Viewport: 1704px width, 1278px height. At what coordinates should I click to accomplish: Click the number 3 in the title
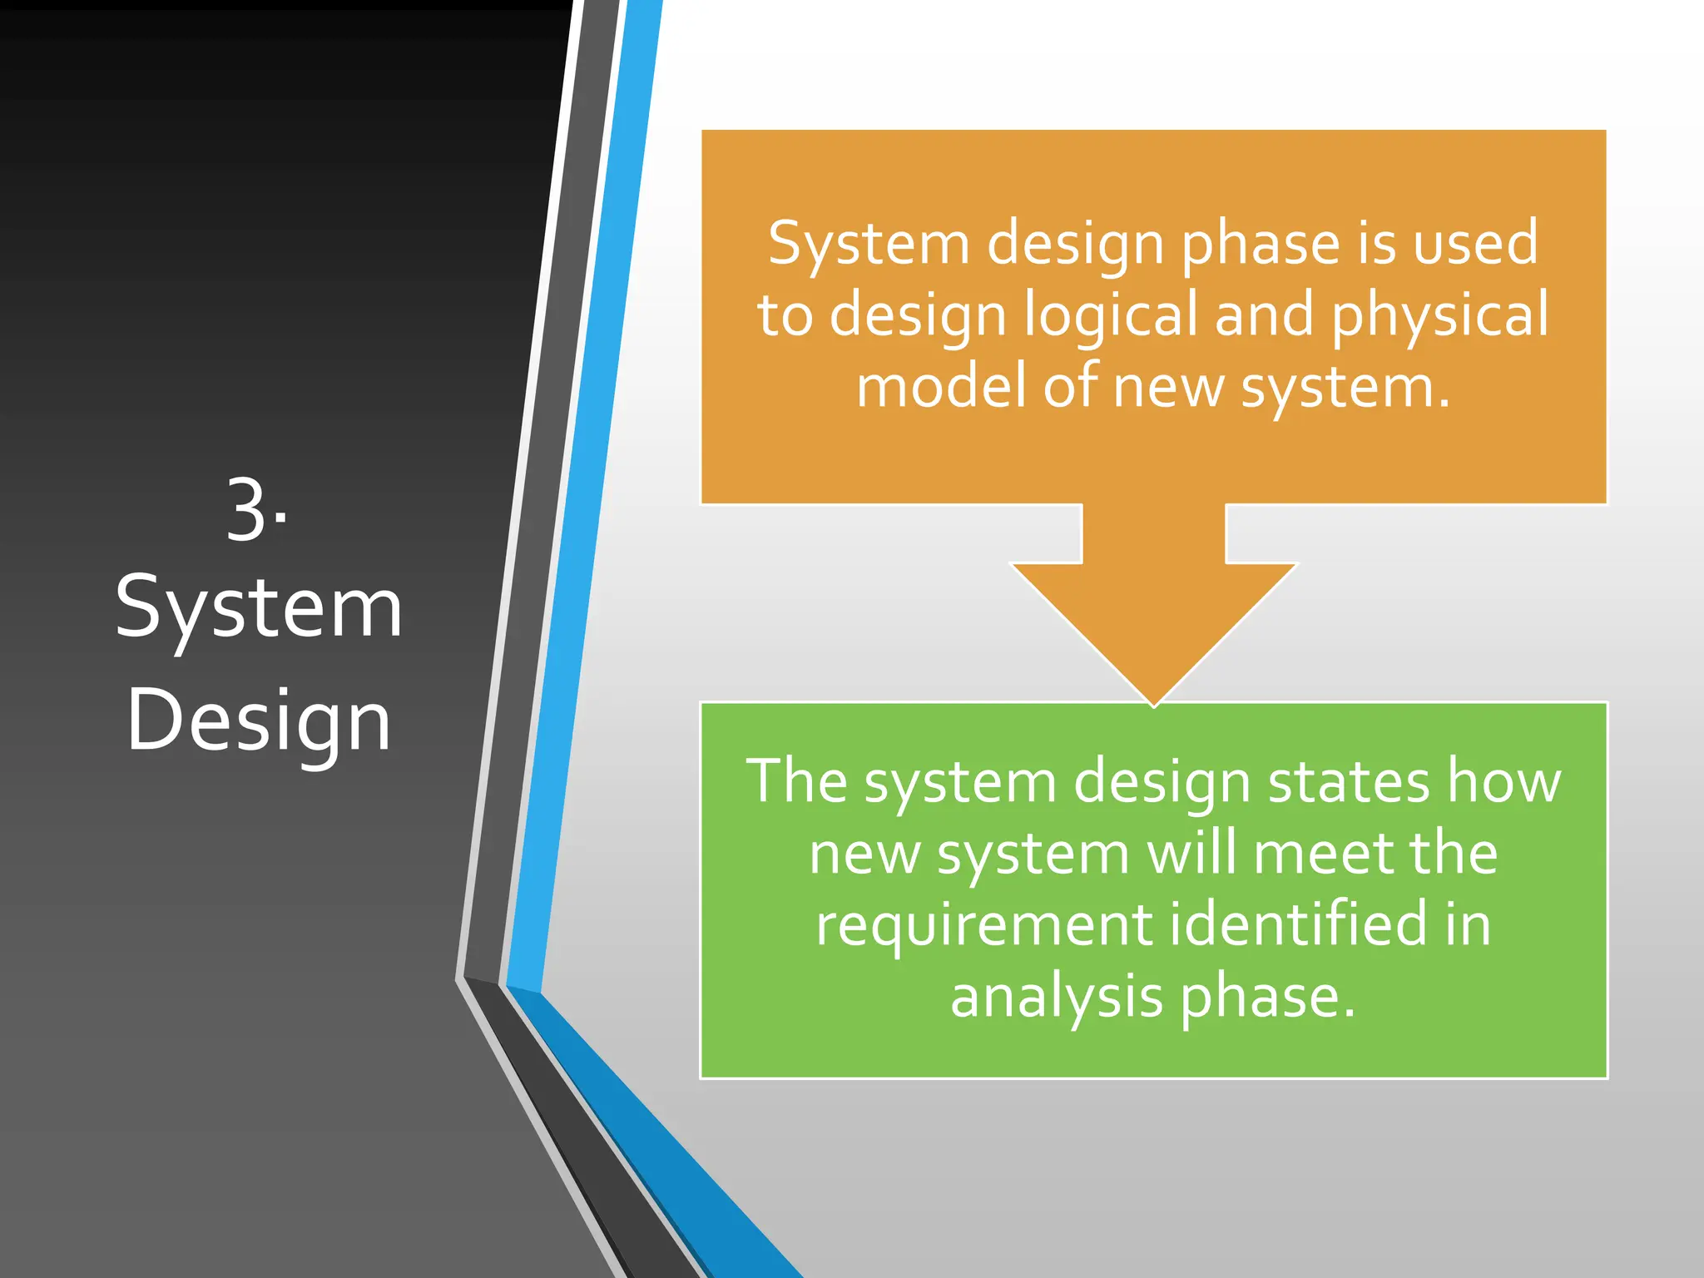248,510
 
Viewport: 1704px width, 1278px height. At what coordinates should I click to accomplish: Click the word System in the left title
259,609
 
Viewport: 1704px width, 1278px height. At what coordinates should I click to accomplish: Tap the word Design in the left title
259,721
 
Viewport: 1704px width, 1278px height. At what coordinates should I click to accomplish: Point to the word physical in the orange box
1440,317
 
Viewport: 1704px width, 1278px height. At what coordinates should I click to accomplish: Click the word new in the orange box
1169,389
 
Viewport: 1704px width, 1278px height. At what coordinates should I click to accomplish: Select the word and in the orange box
1265,315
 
